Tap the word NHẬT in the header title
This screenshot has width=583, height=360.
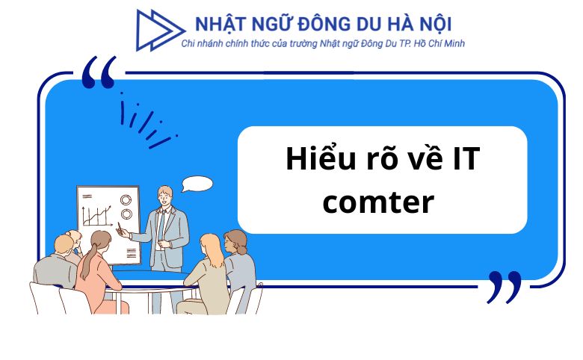coord(219,25)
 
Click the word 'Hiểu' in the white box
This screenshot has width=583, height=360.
coord(318,161)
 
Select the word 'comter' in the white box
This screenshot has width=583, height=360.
coord(378,202)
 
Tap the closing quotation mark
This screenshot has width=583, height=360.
coord(504,287)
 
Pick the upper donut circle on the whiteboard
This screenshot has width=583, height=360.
coord(126,199)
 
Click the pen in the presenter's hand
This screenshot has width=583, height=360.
coord(118,228)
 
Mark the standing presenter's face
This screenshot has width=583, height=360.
coord(163,196)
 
